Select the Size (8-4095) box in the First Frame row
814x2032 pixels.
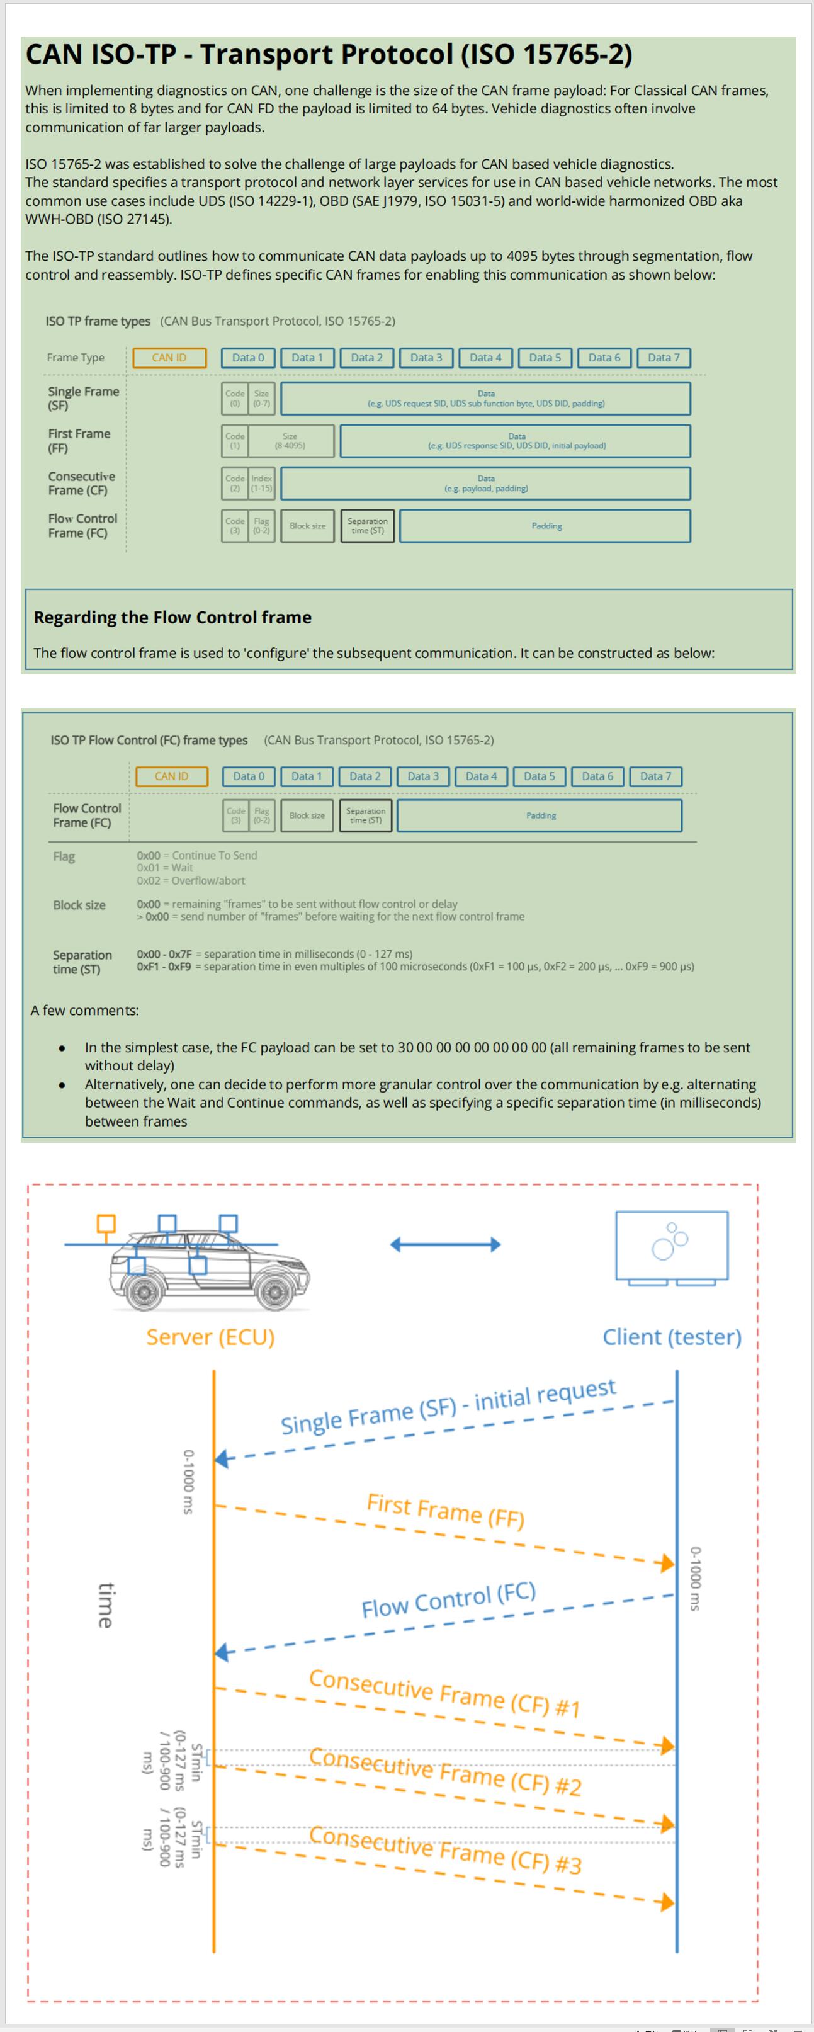(x=290, y=441)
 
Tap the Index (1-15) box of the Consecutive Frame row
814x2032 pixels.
(x=261, y=483)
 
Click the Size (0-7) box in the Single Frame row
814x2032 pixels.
(x=261, y=399)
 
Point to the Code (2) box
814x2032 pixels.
(x=235, y=483)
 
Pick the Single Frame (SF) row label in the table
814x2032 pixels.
(x=83, y=399)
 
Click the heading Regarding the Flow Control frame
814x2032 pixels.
(x=172, y=617)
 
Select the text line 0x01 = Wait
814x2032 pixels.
(x=165, y=868)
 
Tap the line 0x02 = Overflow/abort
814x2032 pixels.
(x=191, y=880)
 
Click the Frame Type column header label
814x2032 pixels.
(x=75, y=357)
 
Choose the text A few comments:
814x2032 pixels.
(x=84, y=1011)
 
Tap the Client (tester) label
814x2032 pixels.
(x=672, y=1337)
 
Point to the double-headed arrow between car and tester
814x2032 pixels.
(x=446, y=1245)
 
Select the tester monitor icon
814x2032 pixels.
(x=671, y=1246)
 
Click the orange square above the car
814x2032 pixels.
(x=106, y=1223)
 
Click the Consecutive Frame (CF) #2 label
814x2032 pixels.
(x=445, y=1772)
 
